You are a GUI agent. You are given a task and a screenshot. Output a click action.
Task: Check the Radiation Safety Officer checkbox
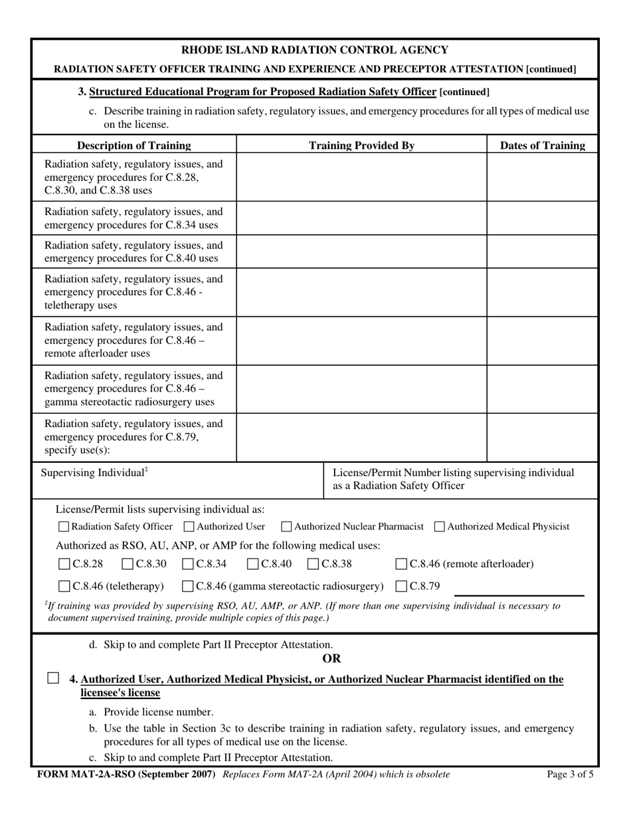point(64,527)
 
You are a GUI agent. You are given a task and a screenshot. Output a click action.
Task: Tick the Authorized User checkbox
point(189,527)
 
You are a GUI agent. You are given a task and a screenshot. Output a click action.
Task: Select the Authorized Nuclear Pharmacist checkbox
point(286,527)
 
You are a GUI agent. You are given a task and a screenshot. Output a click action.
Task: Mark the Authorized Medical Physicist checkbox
point(440,527)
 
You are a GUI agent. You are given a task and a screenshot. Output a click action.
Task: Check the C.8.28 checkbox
point(64,565)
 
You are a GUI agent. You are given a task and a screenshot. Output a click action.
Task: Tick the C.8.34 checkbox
point(188,565)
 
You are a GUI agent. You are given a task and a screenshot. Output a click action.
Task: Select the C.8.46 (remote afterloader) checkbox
point(401,565)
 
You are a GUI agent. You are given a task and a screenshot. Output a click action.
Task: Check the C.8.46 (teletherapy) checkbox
point(64,586)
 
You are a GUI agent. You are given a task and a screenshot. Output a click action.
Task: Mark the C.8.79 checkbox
point(401,586)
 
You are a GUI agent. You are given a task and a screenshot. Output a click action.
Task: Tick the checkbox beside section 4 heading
point(53,678)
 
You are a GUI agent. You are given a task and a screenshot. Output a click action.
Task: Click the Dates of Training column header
point(543,145)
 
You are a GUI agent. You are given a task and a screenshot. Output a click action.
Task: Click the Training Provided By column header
point(362,145)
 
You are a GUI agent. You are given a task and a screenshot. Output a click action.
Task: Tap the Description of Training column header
point(134,145)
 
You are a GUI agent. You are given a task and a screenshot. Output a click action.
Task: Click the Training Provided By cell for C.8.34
point(362,218)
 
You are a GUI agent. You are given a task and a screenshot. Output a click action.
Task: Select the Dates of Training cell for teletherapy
point(543,292)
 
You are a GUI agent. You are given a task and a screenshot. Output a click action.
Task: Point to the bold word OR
point(331,658)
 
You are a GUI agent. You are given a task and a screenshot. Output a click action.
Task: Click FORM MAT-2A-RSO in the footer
point(86,774)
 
